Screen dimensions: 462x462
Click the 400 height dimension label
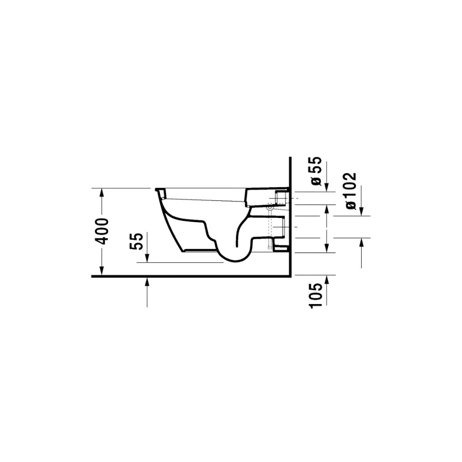tap(103, 231)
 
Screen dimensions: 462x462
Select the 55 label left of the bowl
tap(136, 241)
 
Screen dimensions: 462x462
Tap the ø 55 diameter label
tap(315, 171)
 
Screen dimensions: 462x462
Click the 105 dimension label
tap(315, 296)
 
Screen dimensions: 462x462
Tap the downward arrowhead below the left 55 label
tap(147, 258)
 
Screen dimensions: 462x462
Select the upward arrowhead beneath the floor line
tap(147, 282)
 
